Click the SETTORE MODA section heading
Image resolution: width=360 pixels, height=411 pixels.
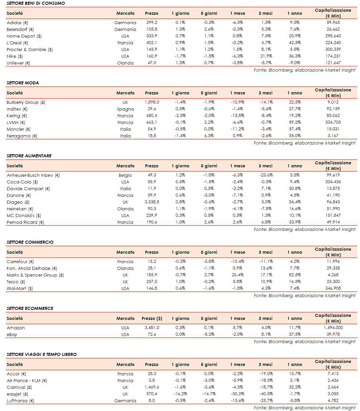tap(23, 83)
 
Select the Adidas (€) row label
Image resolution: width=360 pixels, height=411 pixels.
tap(17, 23)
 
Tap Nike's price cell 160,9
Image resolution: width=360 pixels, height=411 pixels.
tap(151, 56)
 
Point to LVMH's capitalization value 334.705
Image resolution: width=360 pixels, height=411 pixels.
tap(333, 122)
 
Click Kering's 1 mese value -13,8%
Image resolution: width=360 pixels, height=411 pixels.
tap(238, 116)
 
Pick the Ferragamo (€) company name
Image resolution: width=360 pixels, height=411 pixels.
tap(22, 136)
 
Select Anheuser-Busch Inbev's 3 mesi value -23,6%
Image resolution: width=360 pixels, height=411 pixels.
tap(265, 175)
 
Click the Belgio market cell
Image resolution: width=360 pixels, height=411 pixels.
tap(125, 175)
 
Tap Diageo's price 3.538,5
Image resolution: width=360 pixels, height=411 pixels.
tap(151, 202)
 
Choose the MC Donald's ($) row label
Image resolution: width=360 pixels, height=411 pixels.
tap(24, 215)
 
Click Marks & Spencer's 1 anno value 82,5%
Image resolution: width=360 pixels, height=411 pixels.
tap(294, 275)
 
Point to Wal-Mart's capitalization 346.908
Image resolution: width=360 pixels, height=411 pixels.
tap(333, 288)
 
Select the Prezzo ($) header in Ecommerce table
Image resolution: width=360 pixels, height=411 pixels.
tap(152, 318)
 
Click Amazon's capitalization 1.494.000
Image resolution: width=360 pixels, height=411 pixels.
tap(333, 328)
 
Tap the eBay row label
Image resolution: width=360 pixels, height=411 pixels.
tap(12, 334)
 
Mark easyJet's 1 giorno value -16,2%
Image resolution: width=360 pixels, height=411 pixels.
tap(180, 394)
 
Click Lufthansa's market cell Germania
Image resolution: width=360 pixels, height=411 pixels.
tap(125, 401)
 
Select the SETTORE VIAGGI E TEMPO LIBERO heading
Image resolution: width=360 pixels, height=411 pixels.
tap(41, 354)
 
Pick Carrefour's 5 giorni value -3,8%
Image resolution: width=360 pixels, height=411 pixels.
tap(209, 261)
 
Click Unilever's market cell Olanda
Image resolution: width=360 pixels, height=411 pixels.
tap(125, 63)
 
